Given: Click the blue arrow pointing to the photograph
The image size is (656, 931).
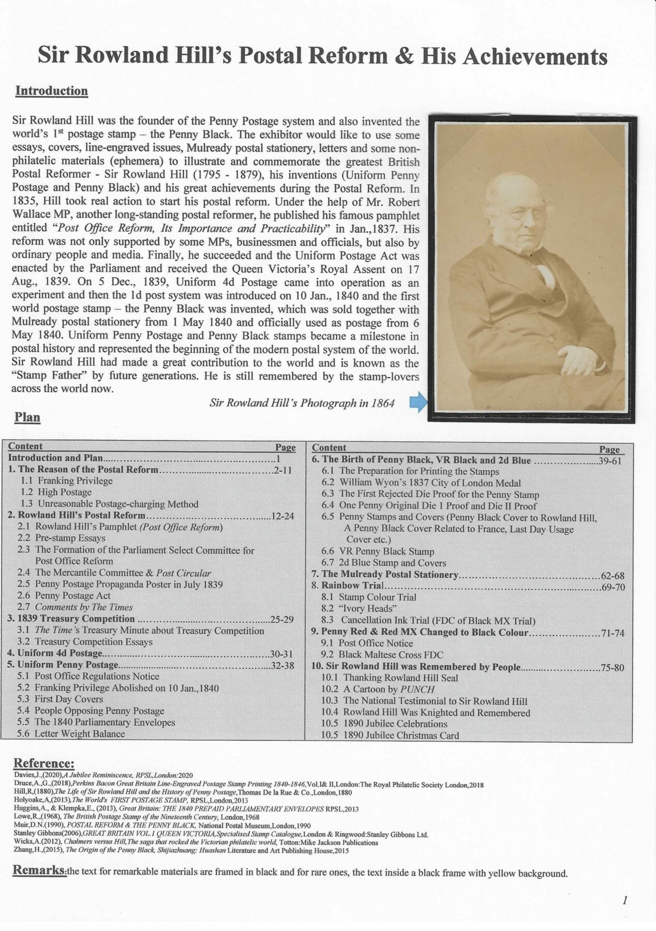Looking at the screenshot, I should point(418,402).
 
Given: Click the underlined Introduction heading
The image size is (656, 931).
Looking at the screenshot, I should point(51,91).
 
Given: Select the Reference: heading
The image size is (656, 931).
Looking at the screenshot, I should point(43,763).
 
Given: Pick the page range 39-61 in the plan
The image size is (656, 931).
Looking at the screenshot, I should point(609,461).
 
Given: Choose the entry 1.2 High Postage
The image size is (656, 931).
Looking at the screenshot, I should point(56,492).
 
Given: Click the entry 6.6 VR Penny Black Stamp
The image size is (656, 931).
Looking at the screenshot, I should point(378,551).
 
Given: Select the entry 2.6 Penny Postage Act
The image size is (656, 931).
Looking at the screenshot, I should point(64,595).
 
